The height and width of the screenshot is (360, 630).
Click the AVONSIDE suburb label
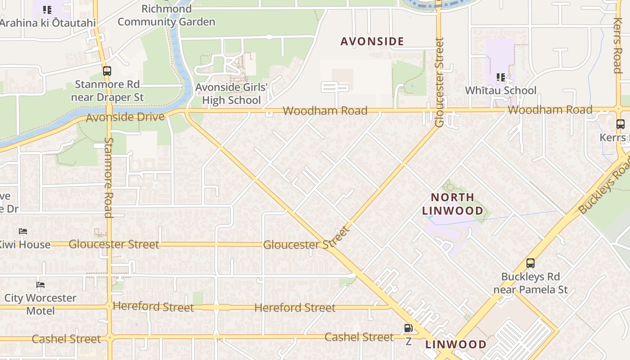coord(372,41)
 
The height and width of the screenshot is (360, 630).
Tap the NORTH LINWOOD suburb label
coord(453,204)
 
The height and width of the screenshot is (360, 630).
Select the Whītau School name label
coord(500,90)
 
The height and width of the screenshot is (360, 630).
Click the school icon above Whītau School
coord(501,77)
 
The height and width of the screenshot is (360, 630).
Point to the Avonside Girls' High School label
coord(231,94)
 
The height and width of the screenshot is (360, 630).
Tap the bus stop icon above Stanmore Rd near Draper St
coord(107,71)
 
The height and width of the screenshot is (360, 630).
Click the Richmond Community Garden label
coord(166,15)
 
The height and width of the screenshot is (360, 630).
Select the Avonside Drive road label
coord(125,117)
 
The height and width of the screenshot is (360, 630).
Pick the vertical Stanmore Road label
coord(108,177)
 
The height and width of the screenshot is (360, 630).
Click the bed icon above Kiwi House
coord(23,231)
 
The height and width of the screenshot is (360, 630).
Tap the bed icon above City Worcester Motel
coord(40,285)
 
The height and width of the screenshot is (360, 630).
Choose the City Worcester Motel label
coord(40,304)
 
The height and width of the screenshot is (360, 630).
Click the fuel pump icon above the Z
coord(408,328)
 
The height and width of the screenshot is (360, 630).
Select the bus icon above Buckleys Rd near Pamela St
coord(531,263)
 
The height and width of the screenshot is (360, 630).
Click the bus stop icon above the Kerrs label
coord(621,124)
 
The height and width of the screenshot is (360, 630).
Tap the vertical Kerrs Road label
coord(617,45)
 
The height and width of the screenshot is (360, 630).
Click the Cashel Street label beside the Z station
coord(359,337)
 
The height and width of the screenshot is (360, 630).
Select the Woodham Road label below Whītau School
coord(550,110)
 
